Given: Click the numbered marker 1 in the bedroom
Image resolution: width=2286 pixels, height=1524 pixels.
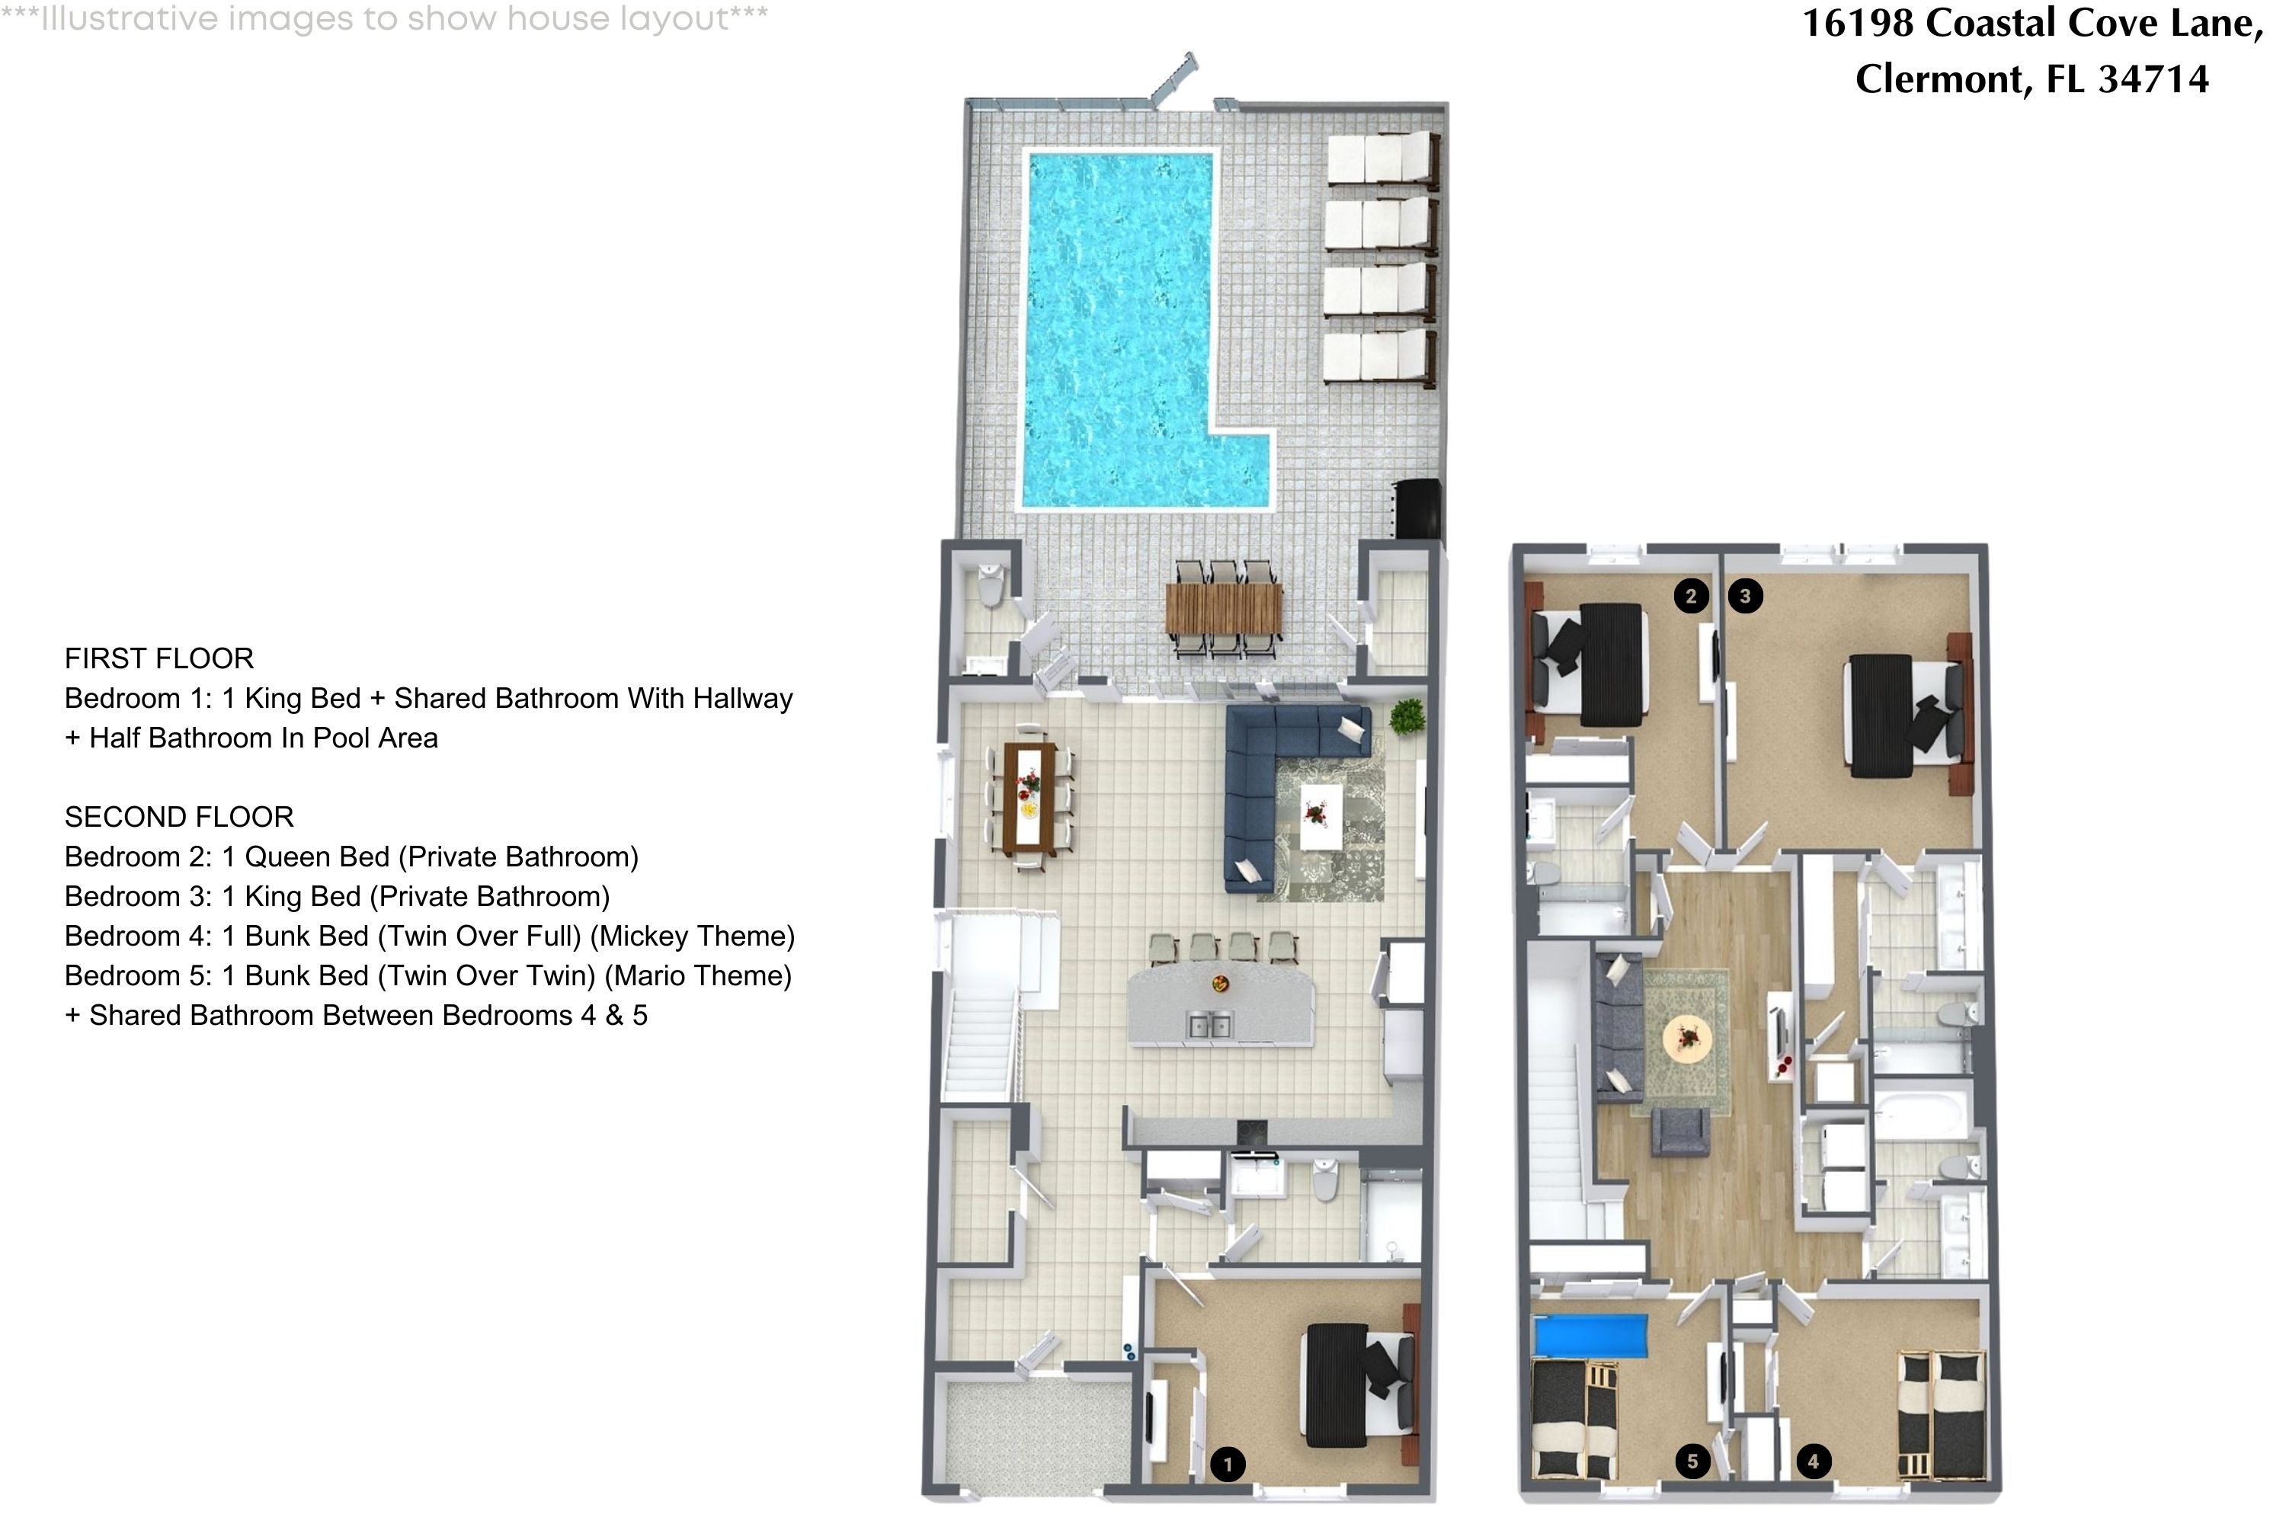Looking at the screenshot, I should point(1228,1464).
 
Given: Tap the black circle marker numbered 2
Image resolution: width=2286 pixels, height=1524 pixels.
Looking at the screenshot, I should point(1691,596).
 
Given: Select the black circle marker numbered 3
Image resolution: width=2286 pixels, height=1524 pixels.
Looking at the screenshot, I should point(1746,596).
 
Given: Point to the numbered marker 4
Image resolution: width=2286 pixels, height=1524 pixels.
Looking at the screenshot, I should point(1813,1461).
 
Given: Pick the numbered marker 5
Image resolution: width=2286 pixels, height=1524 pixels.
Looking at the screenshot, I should point(1692,1461).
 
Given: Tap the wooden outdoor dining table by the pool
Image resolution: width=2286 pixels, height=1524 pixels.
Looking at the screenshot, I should point(1224,607).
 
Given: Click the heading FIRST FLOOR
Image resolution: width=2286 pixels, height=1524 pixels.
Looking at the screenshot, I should point(159,659).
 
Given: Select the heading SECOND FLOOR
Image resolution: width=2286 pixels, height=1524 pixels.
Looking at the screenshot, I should point(179,818).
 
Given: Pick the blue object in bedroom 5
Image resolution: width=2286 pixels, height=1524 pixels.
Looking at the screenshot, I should point(1590,1337).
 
